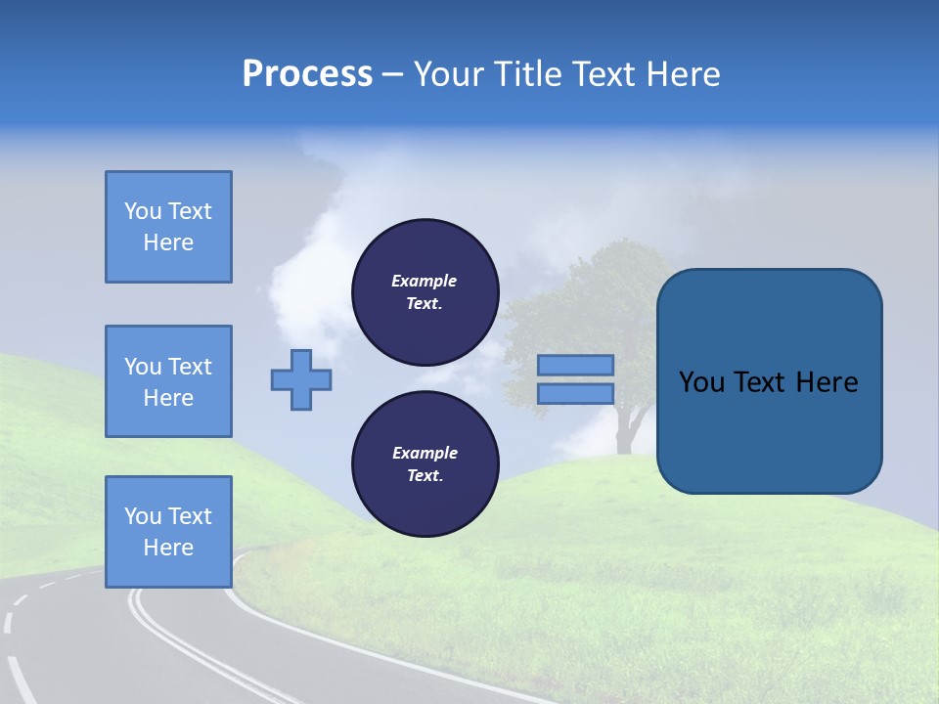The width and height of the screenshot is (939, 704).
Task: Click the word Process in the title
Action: (307, 74)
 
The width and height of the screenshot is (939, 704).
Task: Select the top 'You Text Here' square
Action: (168, 227)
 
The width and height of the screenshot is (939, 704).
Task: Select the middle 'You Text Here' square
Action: (168, 381)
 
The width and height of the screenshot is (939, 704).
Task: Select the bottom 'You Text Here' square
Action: (168, 532)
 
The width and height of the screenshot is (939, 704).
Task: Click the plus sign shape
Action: (301, 379)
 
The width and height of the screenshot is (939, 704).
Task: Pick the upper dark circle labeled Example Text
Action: (425, 291)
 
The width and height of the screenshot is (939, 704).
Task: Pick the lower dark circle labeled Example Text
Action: (425, 463)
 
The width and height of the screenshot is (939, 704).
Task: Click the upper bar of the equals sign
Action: (575, 365)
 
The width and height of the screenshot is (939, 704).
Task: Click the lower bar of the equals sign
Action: (575, 393)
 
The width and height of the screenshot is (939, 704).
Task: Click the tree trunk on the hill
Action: (624, 430)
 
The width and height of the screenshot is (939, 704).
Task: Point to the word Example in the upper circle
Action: (424, 281)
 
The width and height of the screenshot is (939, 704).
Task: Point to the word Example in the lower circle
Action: (424, 453)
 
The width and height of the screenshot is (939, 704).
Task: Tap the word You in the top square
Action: (143, 211)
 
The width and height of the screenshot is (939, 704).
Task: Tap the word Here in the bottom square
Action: (168, 548)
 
